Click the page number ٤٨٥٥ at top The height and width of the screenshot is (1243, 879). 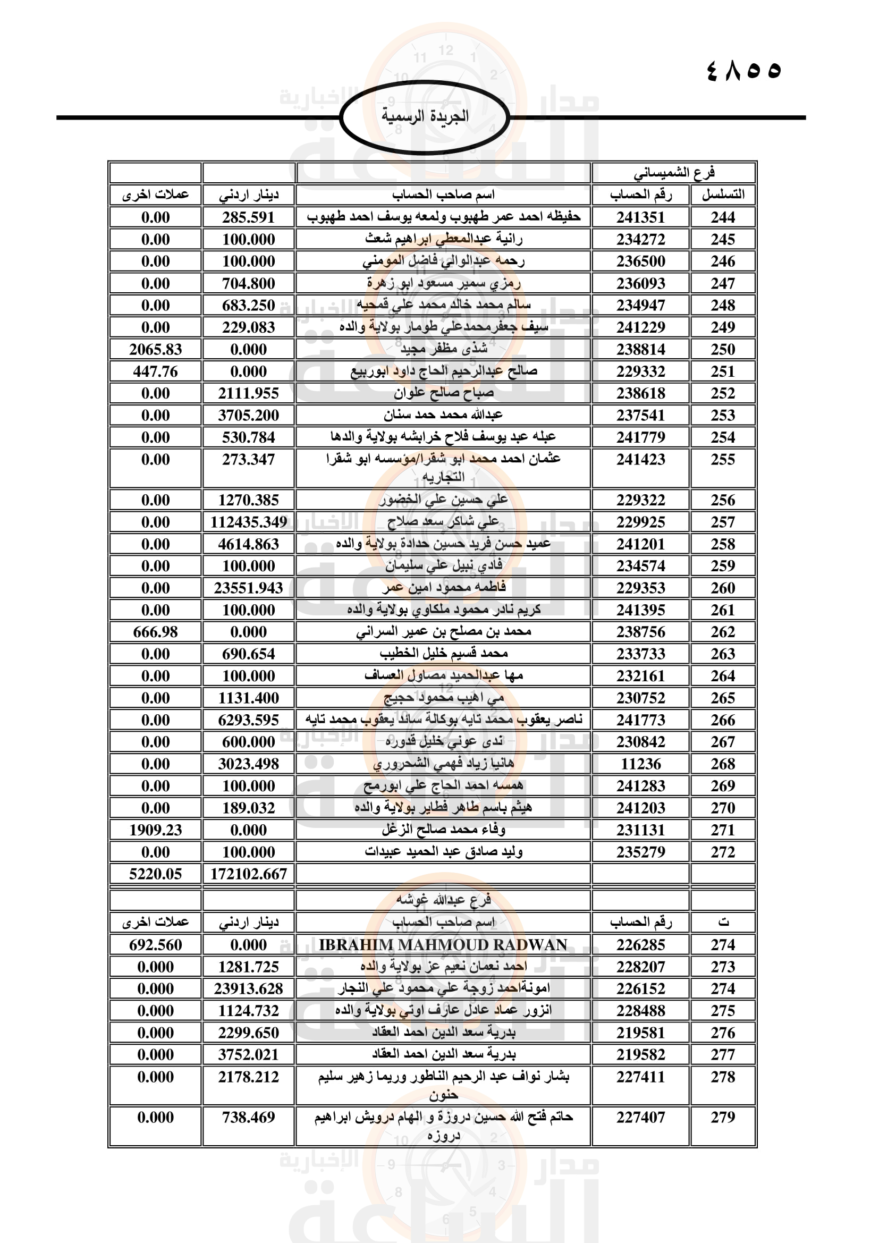coord(744,71)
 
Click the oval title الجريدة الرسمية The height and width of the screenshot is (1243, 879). coord(425,116)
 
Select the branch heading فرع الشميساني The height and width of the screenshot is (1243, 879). coord(674,173)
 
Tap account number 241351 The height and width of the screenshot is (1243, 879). coord(640,218)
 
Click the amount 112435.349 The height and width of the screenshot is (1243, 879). coord(248,522)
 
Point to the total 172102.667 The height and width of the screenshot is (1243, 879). coord(248,874)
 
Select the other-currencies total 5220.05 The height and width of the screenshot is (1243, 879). coord(155,874)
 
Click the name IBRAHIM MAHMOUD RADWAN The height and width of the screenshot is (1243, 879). coord(443,945)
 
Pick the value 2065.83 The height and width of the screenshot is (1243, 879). coord(155,350)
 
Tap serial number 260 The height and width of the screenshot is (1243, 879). coord(723,588)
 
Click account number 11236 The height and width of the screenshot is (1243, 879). coord(640,764)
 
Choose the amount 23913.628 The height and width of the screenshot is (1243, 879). coord(248,988)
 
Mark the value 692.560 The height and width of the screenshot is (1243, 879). coord(155,945)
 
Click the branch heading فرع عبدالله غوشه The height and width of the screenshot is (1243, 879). coord(443,900)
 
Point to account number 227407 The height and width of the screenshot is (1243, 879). coord(640,1118)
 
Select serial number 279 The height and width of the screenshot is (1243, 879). coord(723,1118)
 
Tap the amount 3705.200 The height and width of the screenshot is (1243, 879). coord(248,415)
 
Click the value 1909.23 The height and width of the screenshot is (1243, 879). coord(155,830)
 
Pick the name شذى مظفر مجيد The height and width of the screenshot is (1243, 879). coord(443,350)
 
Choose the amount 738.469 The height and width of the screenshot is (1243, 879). coord(248,1118)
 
